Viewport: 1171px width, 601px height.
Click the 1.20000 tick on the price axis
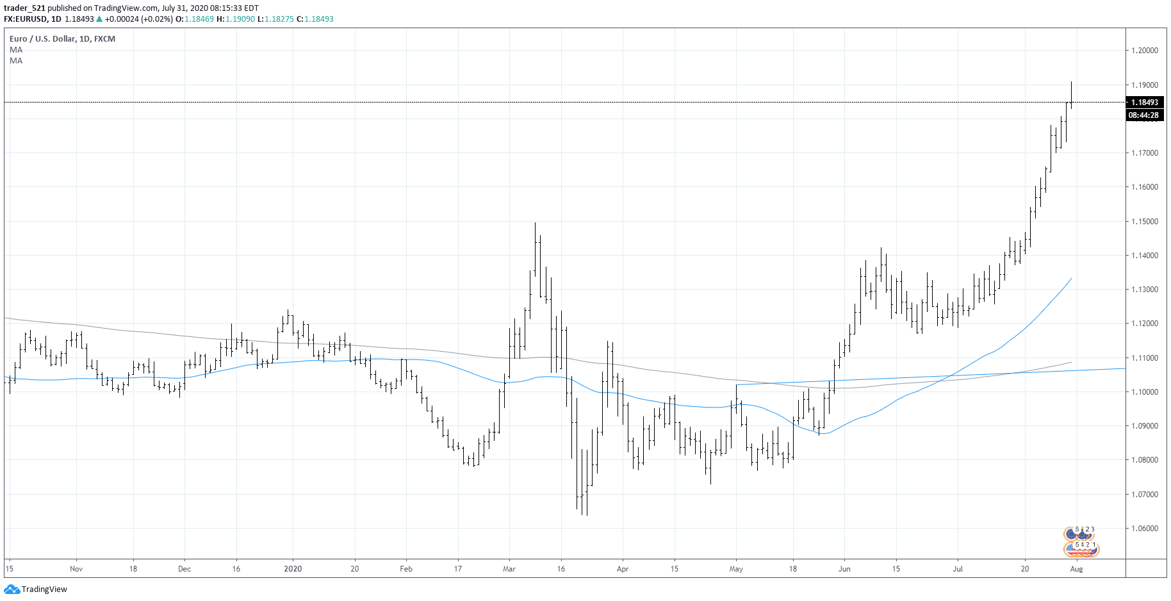tap(1144, 51)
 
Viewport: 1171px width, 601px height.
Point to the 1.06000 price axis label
tap(1144, 529)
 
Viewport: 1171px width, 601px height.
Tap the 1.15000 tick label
tap(1144, 222)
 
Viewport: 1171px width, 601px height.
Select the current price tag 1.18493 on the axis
tap(1144, 103)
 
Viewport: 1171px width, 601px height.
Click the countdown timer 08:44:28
tap(1143, 115)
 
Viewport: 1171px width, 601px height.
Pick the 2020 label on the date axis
tap(293, 569)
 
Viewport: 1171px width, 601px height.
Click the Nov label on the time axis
tap(76, 569)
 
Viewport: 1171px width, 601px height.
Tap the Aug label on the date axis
tap(1076, 569)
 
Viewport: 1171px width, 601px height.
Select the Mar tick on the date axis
tap(509, 569)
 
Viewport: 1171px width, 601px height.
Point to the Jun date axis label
tap(844, 569)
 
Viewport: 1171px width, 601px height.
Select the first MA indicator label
tap(16, 50)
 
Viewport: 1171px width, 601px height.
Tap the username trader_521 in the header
tap(24, 8)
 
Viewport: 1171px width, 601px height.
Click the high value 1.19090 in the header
tap(240, 19)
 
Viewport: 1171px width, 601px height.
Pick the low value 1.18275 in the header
tap(279, 19)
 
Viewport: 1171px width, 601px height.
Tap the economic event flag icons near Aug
tap(1081, 541)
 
